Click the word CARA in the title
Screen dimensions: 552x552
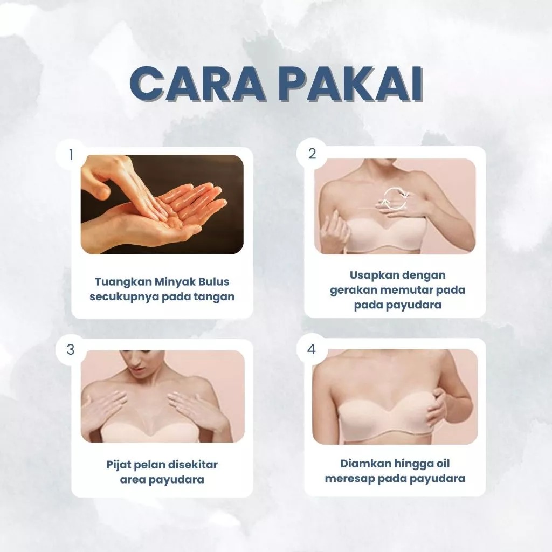pyautogui.click(x=196, y=84)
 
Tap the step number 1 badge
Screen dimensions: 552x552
pyautogui.click(x=71, y=155)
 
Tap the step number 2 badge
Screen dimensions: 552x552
pyautogui.click(x=312, y=154)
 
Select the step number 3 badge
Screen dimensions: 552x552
pyautogui.click(x=71, y=349)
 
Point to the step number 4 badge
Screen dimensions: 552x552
pyautogui.click(x=312, y=349)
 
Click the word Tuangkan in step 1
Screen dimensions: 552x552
pyautogui.click(x=123, y=282)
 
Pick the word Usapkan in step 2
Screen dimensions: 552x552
pyautogui.click(x=371, y=275)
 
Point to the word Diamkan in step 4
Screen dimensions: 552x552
pyautogui.click(x=365, y=464)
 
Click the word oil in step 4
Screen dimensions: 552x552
pyautogui.click(x=443, y=464)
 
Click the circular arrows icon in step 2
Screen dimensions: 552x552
pyautogui.click(x=395, y=199)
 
